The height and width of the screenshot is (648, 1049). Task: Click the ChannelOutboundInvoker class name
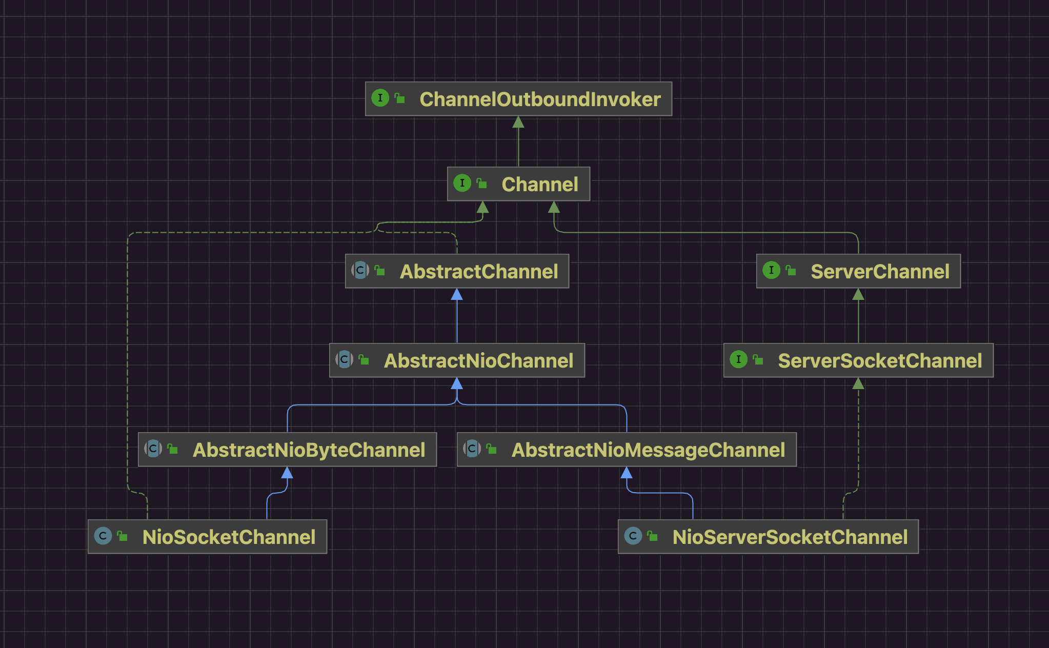coord(540,99)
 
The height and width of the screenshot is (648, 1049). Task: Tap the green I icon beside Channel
coord(462,183)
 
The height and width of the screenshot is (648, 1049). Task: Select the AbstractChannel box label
coord(479,272)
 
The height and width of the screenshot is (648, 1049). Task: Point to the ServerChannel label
coord(880,272)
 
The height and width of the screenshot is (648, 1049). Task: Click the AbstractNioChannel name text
coord(478,361)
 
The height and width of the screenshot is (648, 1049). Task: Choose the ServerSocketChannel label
coord(880,361)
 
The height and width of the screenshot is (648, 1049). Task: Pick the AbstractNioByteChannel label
coord(309,450)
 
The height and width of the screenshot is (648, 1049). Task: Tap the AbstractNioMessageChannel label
coord(648,450)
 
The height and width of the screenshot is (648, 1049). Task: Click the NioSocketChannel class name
coord(229,537)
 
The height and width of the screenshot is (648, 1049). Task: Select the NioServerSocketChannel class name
coord(790,537)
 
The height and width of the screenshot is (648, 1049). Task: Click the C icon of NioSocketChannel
coord(103,536)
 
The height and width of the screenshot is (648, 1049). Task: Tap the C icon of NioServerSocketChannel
coord(633,536)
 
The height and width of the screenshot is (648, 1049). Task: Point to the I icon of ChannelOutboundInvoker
coord(380,98)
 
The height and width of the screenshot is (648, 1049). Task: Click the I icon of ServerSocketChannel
coord(738,359)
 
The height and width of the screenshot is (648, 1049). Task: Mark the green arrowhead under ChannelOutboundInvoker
coord(518,122)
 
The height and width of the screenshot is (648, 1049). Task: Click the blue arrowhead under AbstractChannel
coord(457,294)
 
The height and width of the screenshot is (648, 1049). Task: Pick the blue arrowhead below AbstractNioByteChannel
coord(287,473)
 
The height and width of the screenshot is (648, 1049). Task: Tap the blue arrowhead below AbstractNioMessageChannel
coord(627,473)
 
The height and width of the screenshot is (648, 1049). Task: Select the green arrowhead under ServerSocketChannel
coord(858,383)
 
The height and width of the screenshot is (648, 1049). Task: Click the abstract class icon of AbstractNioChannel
coord(344,359)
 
